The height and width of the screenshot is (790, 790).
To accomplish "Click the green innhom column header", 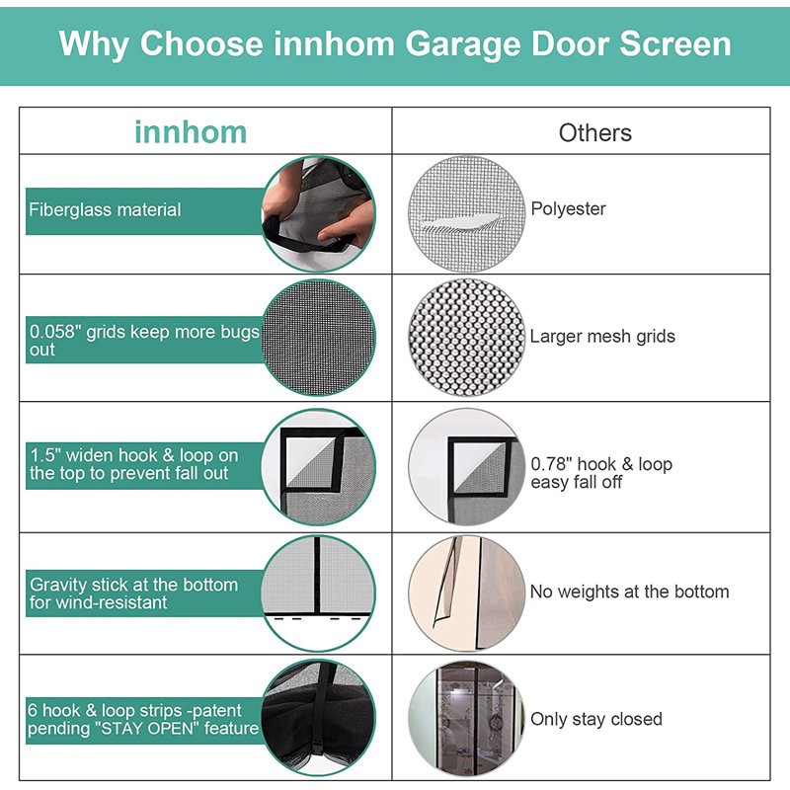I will click(x=191, y=132).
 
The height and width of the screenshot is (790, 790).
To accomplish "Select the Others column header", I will click(x=594, y=132).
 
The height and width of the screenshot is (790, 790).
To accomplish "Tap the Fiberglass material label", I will click(x=105, y=209).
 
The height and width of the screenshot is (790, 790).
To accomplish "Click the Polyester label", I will click(x=568, y=208).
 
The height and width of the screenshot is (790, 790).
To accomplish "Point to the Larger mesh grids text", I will click(x=602, y=336).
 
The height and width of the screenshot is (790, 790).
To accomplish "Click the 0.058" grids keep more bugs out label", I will click(x=143, y=341).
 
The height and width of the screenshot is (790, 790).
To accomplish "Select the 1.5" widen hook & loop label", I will click(x=134, y=464).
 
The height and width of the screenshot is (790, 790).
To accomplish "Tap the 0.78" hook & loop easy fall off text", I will click(x=601, y=473).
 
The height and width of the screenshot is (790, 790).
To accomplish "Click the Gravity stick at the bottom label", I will click(x=133, y=592).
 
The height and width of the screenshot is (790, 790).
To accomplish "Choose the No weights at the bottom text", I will click(x=629, y=592).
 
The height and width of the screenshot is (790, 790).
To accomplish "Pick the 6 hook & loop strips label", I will click(x=143, y=719).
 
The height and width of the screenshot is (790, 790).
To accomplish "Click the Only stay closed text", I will click(x=595, y=719).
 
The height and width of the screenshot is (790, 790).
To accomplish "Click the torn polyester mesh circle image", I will click(x=463, y=209).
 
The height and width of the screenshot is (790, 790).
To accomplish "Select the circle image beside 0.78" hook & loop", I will click(x=463, y=464).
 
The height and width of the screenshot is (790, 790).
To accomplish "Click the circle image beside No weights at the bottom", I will click(x=463, y=592).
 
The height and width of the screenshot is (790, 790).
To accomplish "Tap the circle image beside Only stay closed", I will click(x=463, y=718).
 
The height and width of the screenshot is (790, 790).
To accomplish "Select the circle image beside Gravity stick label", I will click(x=319, y=592).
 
